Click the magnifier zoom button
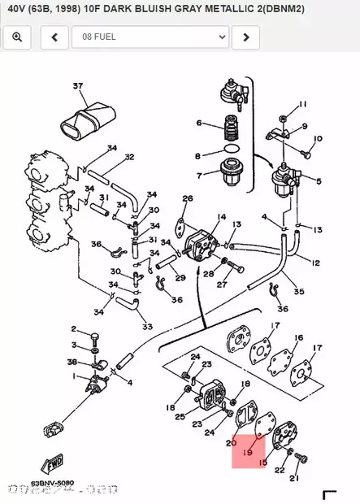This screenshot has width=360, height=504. (17, 37)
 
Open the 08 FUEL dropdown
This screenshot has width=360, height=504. (150, 37)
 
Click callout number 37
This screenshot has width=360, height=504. (78, 86)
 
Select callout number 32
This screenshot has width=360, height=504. (129, 157)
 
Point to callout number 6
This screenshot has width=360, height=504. (197, 123)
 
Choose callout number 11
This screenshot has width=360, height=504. (302, 105)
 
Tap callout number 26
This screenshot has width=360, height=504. (188, 198)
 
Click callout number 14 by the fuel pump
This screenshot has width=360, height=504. (220, 218)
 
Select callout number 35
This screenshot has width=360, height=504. (298, 291)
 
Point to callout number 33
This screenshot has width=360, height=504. (147, 327)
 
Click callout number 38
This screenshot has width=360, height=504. (72, 362)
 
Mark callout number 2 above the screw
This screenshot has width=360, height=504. (73, 329)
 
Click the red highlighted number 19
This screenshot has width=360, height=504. (249, 451)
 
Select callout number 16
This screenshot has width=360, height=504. (299, 338)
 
